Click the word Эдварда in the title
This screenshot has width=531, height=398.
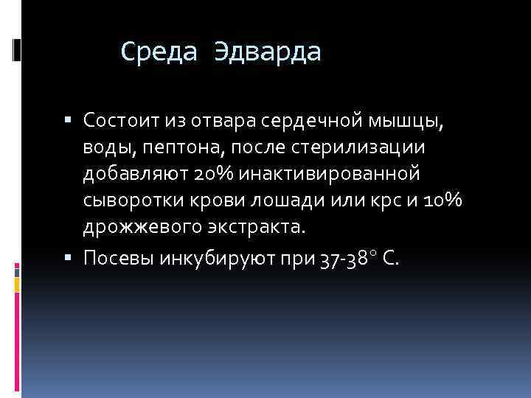click(268, 52)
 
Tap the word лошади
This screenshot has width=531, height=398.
click(282, 202)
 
